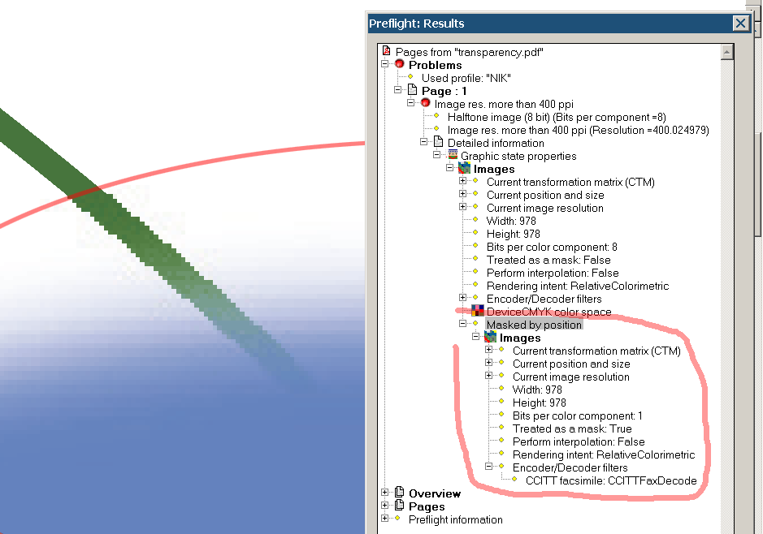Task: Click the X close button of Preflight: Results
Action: click(x=740, y=23)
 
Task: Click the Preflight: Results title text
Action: click(x=417, y=24)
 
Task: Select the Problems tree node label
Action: click(x=435, y=65)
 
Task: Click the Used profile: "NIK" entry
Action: click(x=466, y=78)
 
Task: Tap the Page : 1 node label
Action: click(x=444, y=92)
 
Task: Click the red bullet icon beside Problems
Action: click(x=400, y=64)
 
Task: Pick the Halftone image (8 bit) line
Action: click(x=557, y=117)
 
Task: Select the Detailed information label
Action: click(x=496, y=144)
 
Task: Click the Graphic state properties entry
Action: click(x=518, y=157)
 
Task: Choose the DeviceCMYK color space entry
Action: click(x=549, y=312)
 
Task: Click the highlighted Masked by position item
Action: click(x=534, y=325)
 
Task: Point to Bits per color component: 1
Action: click(x=577, y=416)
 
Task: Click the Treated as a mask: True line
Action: click(x=572, y=429)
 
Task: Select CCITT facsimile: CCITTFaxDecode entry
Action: click(x=611, y=481)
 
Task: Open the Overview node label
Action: click(x=435, y=493)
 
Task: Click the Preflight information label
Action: click(x=456, y=520)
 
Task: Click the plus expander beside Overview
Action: click(x=385, y=493)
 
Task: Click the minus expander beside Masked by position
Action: click(x=463, y=324)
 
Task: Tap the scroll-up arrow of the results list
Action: click(x=726, y=52)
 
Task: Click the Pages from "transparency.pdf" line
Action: click(x=469, y=52)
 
